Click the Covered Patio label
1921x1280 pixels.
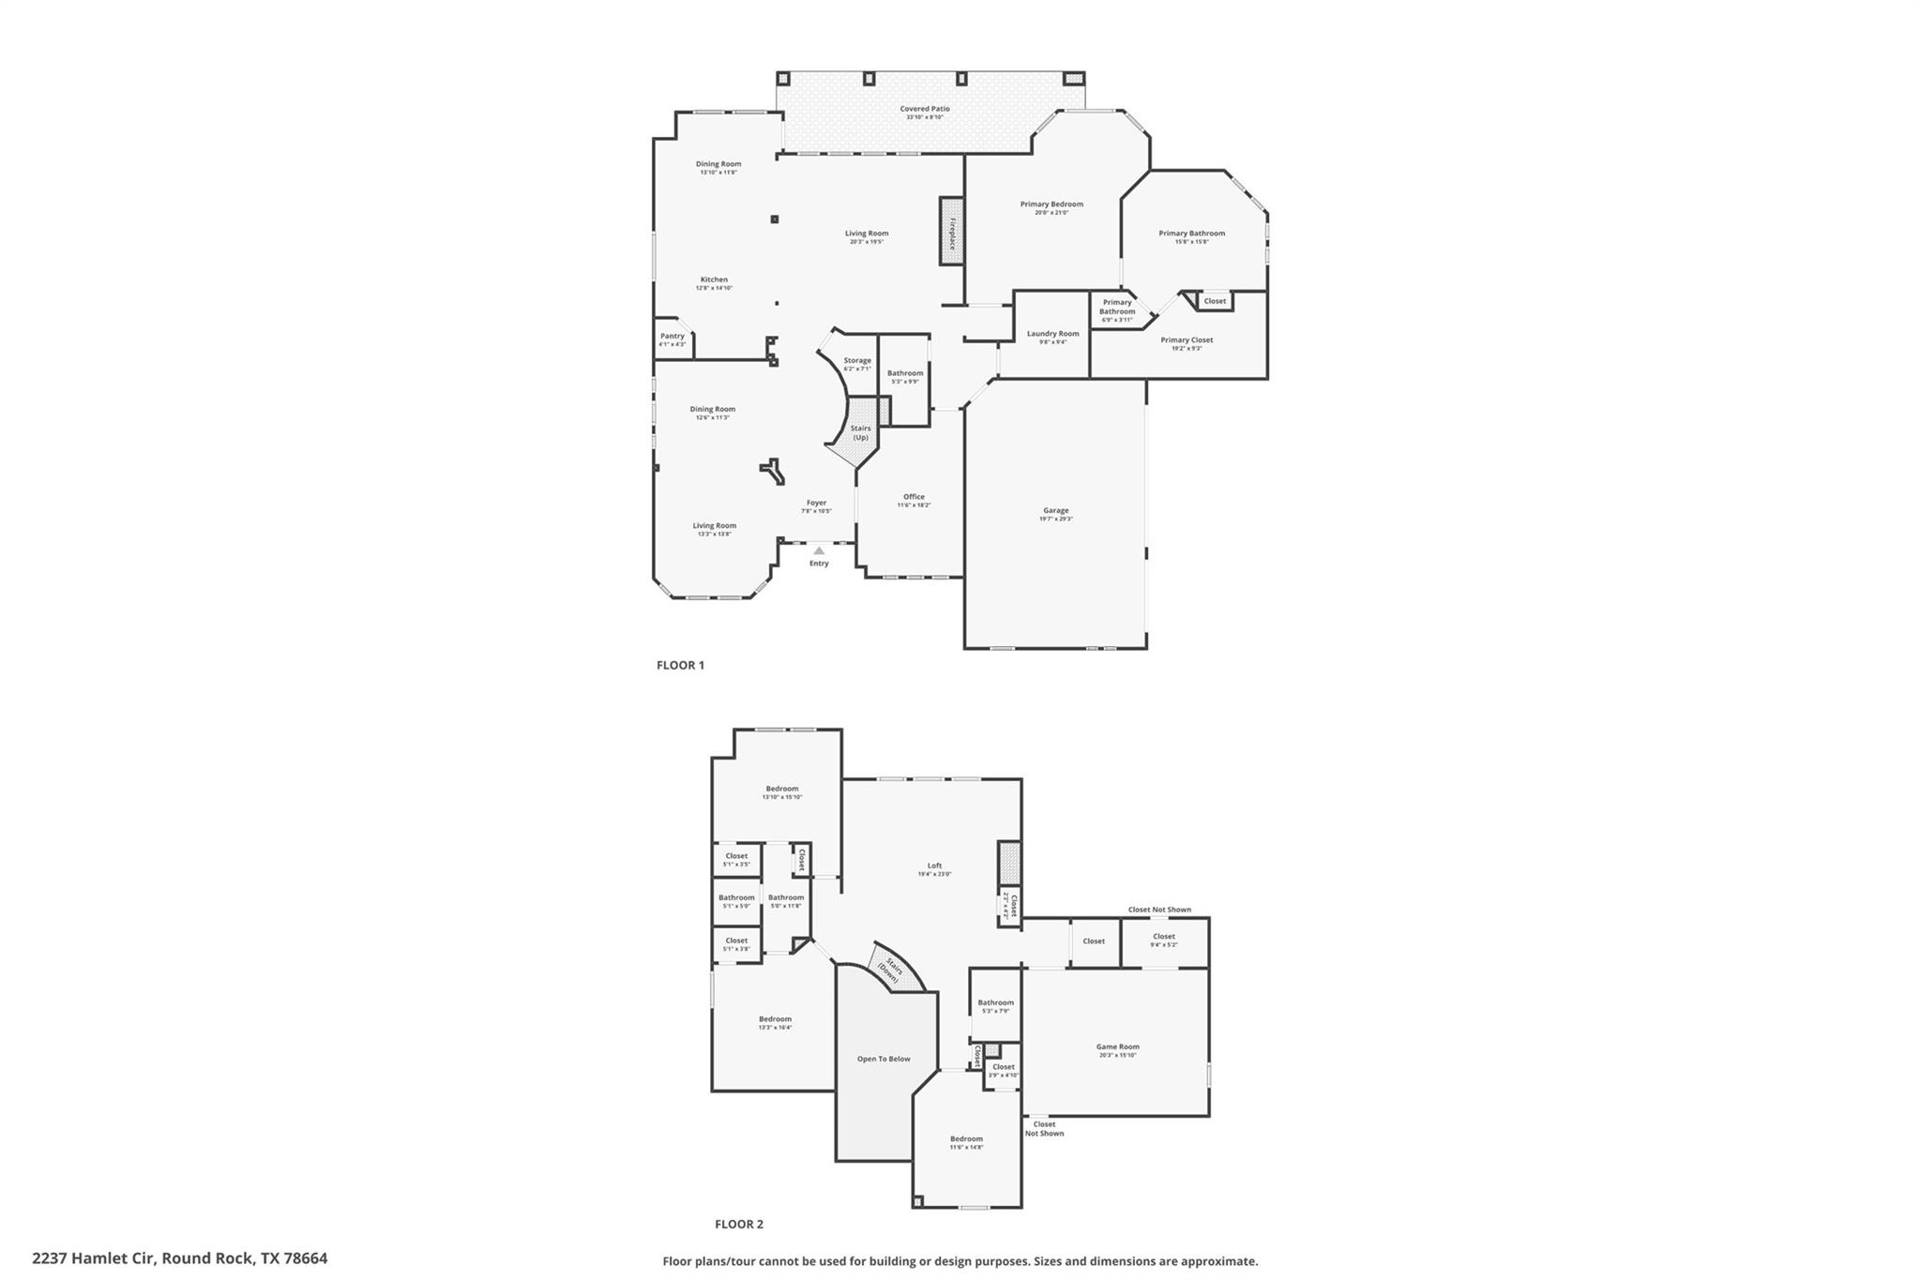[x=925, y=109]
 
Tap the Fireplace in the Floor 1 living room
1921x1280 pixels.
[x=952, y=232]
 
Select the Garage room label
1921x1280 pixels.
[x=1055, y=511]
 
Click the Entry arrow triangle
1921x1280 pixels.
[x=819, y=550]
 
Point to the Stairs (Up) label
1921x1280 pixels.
[x=860, y=432]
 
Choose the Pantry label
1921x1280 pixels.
[x=672, y=336]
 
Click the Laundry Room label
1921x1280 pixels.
[x=1052, y=334]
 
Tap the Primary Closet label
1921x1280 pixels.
[x=1187, y=340]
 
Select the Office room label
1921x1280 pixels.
[x=914, y=497]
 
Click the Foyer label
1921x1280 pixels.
[x=816, y=503]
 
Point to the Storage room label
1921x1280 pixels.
[x=856, y=360]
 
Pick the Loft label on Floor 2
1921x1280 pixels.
[x=934, y=866]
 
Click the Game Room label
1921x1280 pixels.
[x=1117, y=1047]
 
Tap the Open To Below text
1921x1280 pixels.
[x=884, y=1059]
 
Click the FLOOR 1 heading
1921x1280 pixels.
[x=680, y=665]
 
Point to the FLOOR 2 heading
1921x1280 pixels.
[x=739, y=1224]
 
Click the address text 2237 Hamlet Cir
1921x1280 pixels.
[x=179, y=1258]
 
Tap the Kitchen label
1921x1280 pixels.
[x=714, y=279]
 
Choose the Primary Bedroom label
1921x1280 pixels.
[x=1051, y=204]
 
